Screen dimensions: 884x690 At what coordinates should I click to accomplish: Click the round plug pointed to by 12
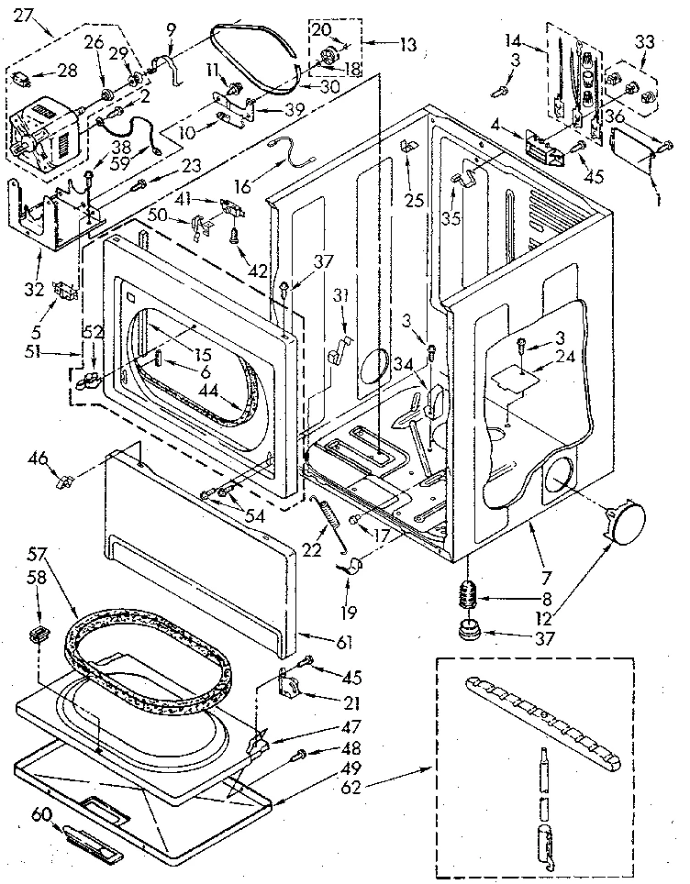tap(623, 525)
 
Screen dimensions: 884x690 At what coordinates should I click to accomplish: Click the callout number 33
tap(645, 42)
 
